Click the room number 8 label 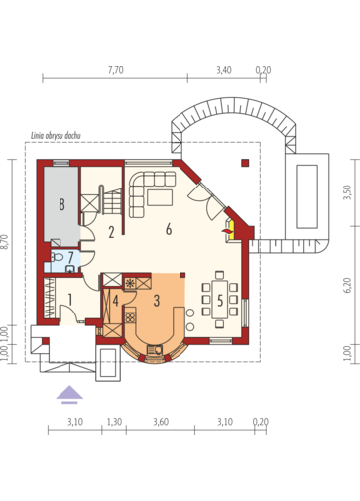pos(61,205)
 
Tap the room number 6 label pos(169,229)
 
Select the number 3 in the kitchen pos(157,301)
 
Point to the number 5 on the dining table pos(220,301)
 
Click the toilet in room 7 pos(58,257)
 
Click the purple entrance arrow pos(69,395)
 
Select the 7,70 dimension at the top pos(116,70)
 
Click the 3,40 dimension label pos(224,70)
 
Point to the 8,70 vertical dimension pos(4,242)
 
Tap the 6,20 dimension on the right pos(347,285)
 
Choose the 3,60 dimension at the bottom pos(161,422)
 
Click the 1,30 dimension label pos(114,422)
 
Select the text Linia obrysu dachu pos(56,136)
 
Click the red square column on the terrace pos(245,163)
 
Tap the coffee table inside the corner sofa pos(160,198)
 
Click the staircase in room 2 pos(110,200)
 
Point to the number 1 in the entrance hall pos(70,300)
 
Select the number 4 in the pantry pos(115,301)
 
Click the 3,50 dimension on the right pos(347,192)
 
